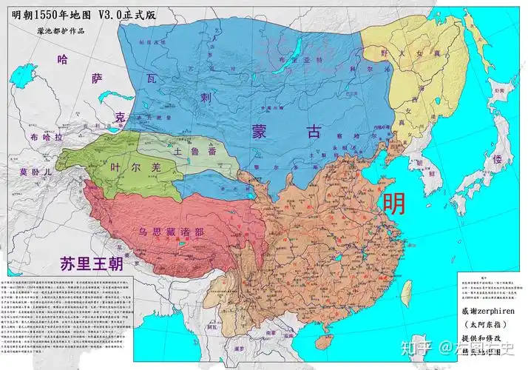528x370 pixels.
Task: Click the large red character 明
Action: coord(393,203)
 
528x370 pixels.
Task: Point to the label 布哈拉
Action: coord(47,138)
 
